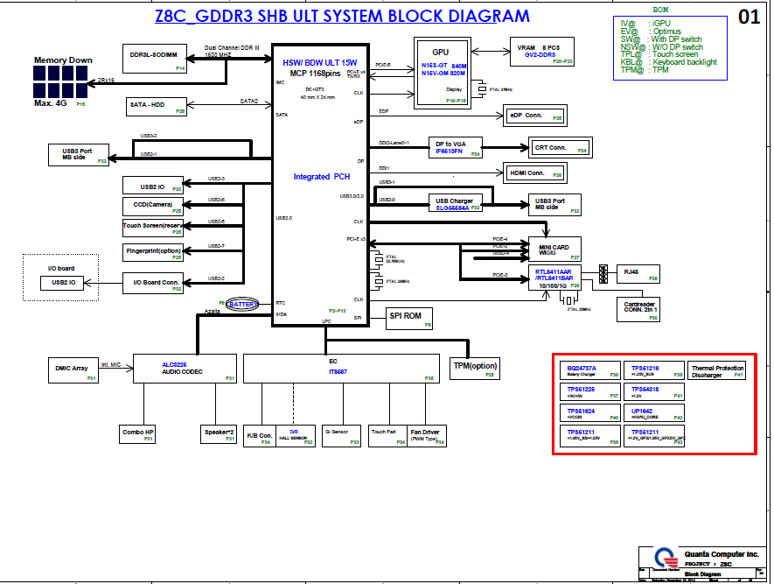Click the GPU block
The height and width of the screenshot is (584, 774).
tap(442, 73)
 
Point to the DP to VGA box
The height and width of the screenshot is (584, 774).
tap(457, 148)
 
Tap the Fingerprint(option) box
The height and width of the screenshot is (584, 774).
tap(154, 253)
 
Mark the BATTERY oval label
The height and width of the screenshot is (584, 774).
tap(243, 304)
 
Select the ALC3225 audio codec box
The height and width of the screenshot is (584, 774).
tap(185, 368)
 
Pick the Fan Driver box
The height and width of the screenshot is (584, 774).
tap(425, 434)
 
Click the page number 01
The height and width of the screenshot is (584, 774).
tap(750, 17)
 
